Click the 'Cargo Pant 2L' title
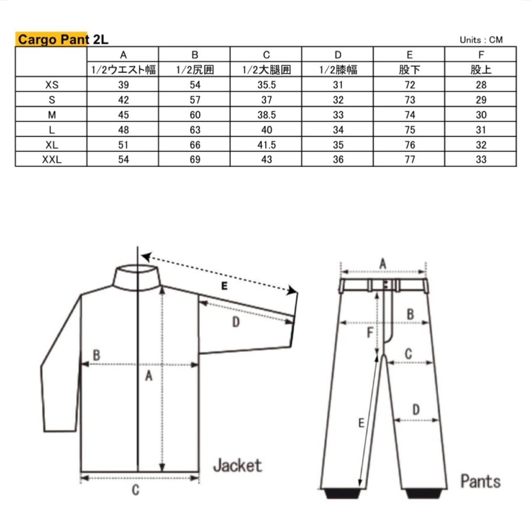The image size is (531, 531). [63, 40]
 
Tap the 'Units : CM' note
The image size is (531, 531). [481, 40]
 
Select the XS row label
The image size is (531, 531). [51, 85]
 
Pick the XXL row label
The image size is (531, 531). [51, 160]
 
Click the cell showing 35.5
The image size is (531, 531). [266, 85]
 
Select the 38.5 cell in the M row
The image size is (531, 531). [266, 115]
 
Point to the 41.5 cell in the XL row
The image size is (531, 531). [266, 145]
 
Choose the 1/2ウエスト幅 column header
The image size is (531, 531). [123, 70]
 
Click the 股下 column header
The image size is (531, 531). [409, 70]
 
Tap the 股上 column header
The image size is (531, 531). [481, 70]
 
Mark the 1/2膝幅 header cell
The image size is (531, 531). [338, 70]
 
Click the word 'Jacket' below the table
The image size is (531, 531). [238, 466]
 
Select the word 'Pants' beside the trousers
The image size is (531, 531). [480, 481]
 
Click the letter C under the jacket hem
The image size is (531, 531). [135, 490]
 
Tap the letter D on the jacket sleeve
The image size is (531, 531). [236, 322]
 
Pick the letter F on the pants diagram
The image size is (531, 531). [370, 332]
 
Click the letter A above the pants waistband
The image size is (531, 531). [383, 263]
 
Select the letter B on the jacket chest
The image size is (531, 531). [96, 355]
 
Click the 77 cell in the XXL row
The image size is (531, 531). [409, 160]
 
